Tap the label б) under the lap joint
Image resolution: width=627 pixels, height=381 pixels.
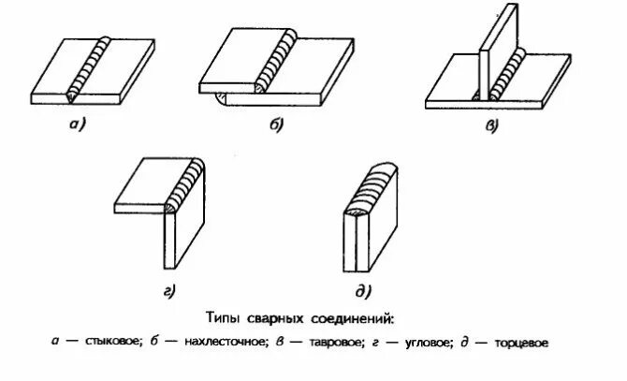tap(278, 124)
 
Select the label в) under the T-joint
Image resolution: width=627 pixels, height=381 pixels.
tap(491, 125)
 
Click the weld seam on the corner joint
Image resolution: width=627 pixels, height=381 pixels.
tap(184, 187)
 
